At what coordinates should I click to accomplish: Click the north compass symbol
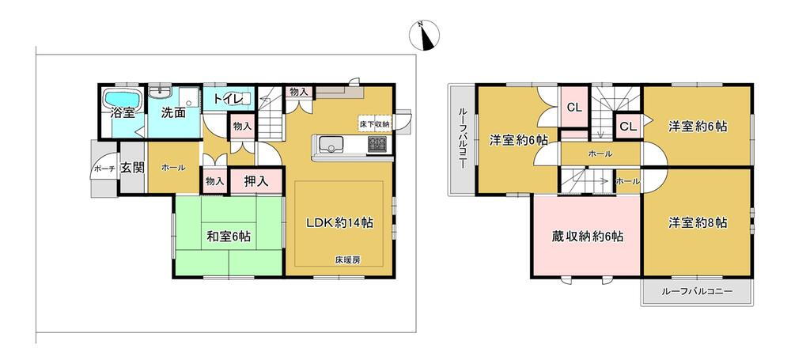click(424, 36)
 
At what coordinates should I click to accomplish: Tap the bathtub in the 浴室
click(123, 98)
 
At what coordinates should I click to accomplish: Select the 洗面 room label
click(173, 112)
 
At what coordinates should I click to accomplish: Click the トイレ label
click(224, 98)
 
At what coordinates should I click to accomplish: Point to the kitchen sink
click(331, 146)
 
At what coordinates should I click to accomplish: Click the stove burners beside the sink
click(377, 145)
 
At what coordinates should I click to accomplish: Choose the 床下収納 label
click(374, 124)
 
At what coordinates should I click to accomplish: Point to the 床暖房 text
click(346, 260)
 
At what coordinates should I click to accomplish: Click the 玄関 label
click(132, 167)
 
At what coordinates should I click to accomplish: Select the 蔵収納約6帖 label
click(587, 236)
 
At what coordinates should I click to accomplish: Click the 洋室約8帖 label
click(698, 222)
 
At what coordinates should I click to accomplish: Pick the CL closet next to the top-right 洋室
click(627, 127)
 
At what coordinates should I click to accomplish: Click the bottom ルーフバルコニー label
click(697, 291)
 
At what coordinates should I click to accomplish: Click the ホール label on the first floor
click(172, 168)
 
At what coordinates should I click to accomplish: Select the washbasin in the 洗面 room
click(161, 92)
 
